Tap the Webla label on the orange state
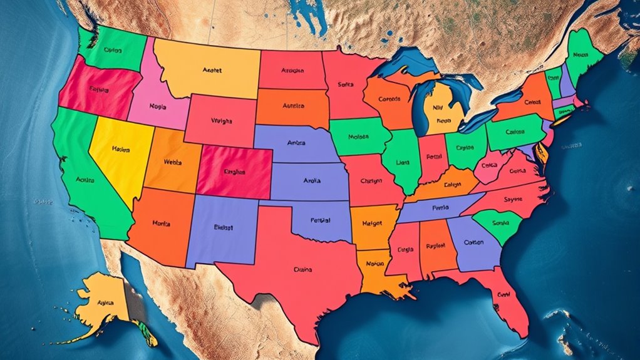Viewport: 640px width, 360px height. pyautogui.click(x=173, y=162)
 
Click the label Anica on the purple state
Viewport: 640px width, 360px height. pyautogui.click(x=296, y=143)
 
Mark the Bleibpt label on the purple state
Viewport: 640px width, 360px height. pyautogui.click(x=223, y=227)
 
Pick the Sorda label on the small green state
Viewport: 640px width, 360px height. pyautogui.click(x=501, y=223)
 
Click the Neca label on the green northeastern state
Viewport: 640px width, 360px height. pyautogui.click(x=581, y=54)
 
